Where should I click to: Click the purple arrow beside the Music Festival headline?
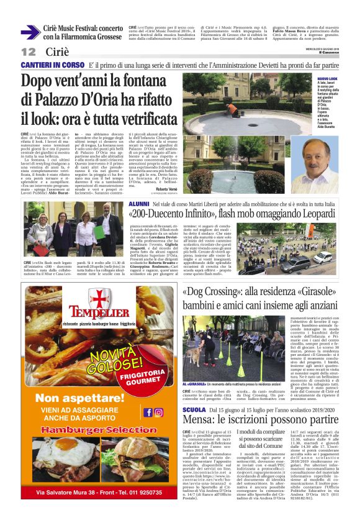[x=30, y=32]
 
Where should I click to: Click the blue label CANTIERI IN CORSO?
[x=53, y=65]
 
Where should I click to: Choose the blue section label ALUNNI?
[x=138, y=204]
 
